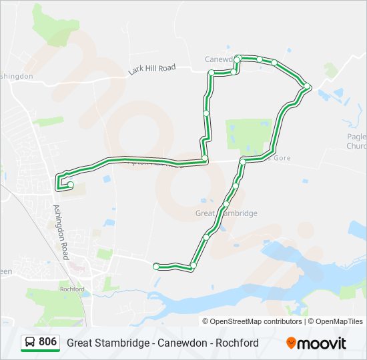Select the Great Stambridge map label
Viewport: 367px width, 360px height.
click(x=226, y=213)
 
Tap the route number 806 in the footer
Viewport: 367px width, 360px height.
click(x=47, y=342)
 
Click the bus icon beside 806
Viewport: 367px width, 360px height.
click(x=30, y=343)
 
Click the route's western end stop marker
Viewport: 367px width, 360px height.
click(x=70, y=185)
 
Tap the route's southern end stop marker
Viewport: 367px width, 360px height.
click(x=156, y=267)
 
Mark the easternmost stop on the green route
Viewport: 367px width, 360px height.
click(x=307, y=87)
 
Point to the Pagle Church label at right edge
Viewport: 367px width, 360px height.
click(x=357, y=141)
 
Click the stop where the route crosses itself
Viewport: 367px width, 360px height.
click(x=205, y=159)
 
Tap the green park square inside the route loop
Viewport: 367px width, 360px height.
click(x=249, y=134)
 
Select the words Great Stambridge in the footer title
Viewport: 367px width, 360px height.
click(x=107, y=343)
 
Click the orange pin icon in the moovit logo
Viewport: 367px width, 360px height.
click(x=292, y=343)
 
